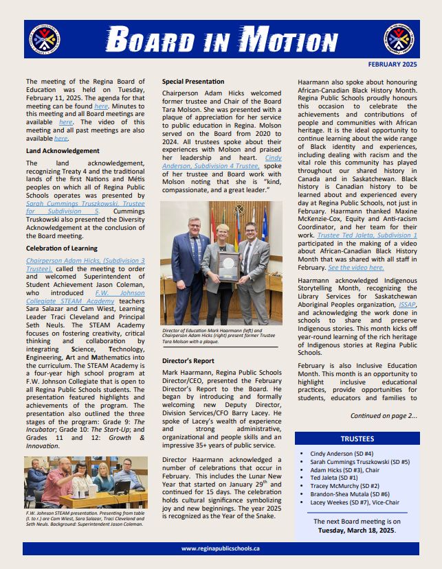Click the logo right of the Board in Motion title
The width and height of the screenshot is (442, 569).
click(x=399, y=40)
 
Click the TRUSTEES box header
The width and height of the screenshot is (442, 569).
click(x=357, y=439)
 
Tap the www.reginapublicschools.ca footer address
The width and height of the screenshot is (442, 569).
click(x=220, y=548)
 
